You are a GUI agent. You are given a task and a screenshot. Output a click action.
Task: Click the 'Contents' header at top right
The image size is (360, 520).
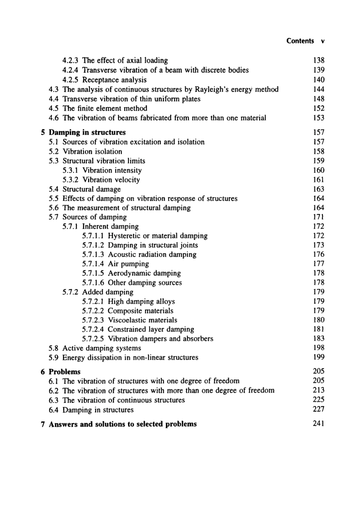[x=300, y=41]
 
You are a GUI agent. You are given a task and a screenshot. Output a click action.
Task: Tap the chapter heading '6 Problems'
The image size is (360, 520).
[x=60, y=371]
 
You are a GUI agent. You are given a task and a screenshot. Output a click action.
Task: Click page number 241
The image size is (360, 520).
[x=318, y=424]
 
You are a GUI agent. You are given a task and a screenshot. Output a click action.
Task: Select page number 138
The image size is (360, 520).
[x=318, y=60]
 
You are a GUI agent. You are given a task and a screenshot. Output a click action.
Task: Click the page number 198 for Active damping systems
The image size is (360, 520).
[x=318, y=348]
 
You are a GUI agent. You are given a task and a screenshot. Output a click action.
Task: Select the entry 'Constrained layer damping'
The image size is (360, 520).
[x=150, y=329]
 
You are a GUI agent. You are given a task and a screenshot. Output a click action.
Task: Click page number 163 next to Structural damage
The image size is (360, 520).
[x=318, y=189]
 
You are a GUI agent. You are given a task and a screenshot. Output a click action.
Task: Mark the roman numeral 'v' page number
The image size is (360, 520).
[x=323, y=41]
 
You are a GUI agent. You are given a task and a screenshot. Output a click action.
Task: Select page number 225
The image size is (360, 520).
[x=318, y=400]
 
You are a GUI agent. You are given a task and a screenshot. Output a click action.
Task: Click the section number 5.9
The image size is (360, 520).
[x=54, y=357]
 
